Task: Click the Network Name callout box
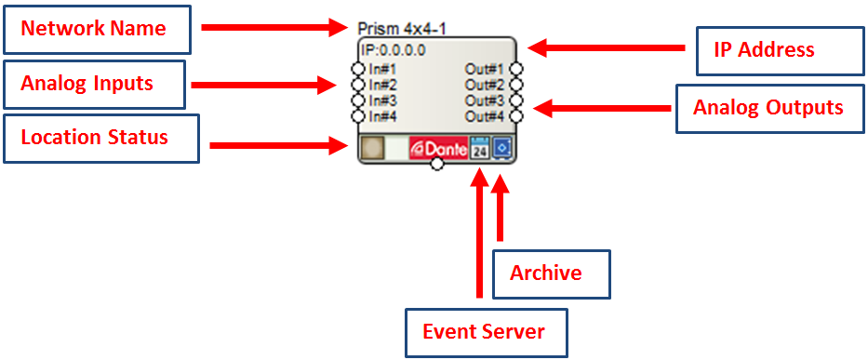(97, 30)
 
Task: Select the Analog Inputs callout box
(94, 84)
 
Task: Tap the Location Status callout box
(100, 138)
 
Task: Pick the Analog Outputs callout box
(769, 109)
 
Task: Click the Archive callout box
(552, 274)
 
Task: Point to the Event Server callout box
(487, 332)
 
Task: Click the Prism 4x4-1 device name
(402, 28)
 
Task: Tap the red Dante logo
(439, 149)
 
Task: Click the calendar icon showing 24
(480, 149)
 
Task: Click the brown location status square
(371, 149)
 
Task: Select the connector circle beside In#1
(358, 69)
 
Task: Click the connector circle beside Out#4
(516, 116)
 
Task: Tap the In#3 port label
(382, 100)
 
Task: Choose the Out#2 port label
(485, 86)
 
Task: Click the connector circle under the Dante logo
(436, 165)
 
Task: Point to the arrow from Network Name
(274, 27)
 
